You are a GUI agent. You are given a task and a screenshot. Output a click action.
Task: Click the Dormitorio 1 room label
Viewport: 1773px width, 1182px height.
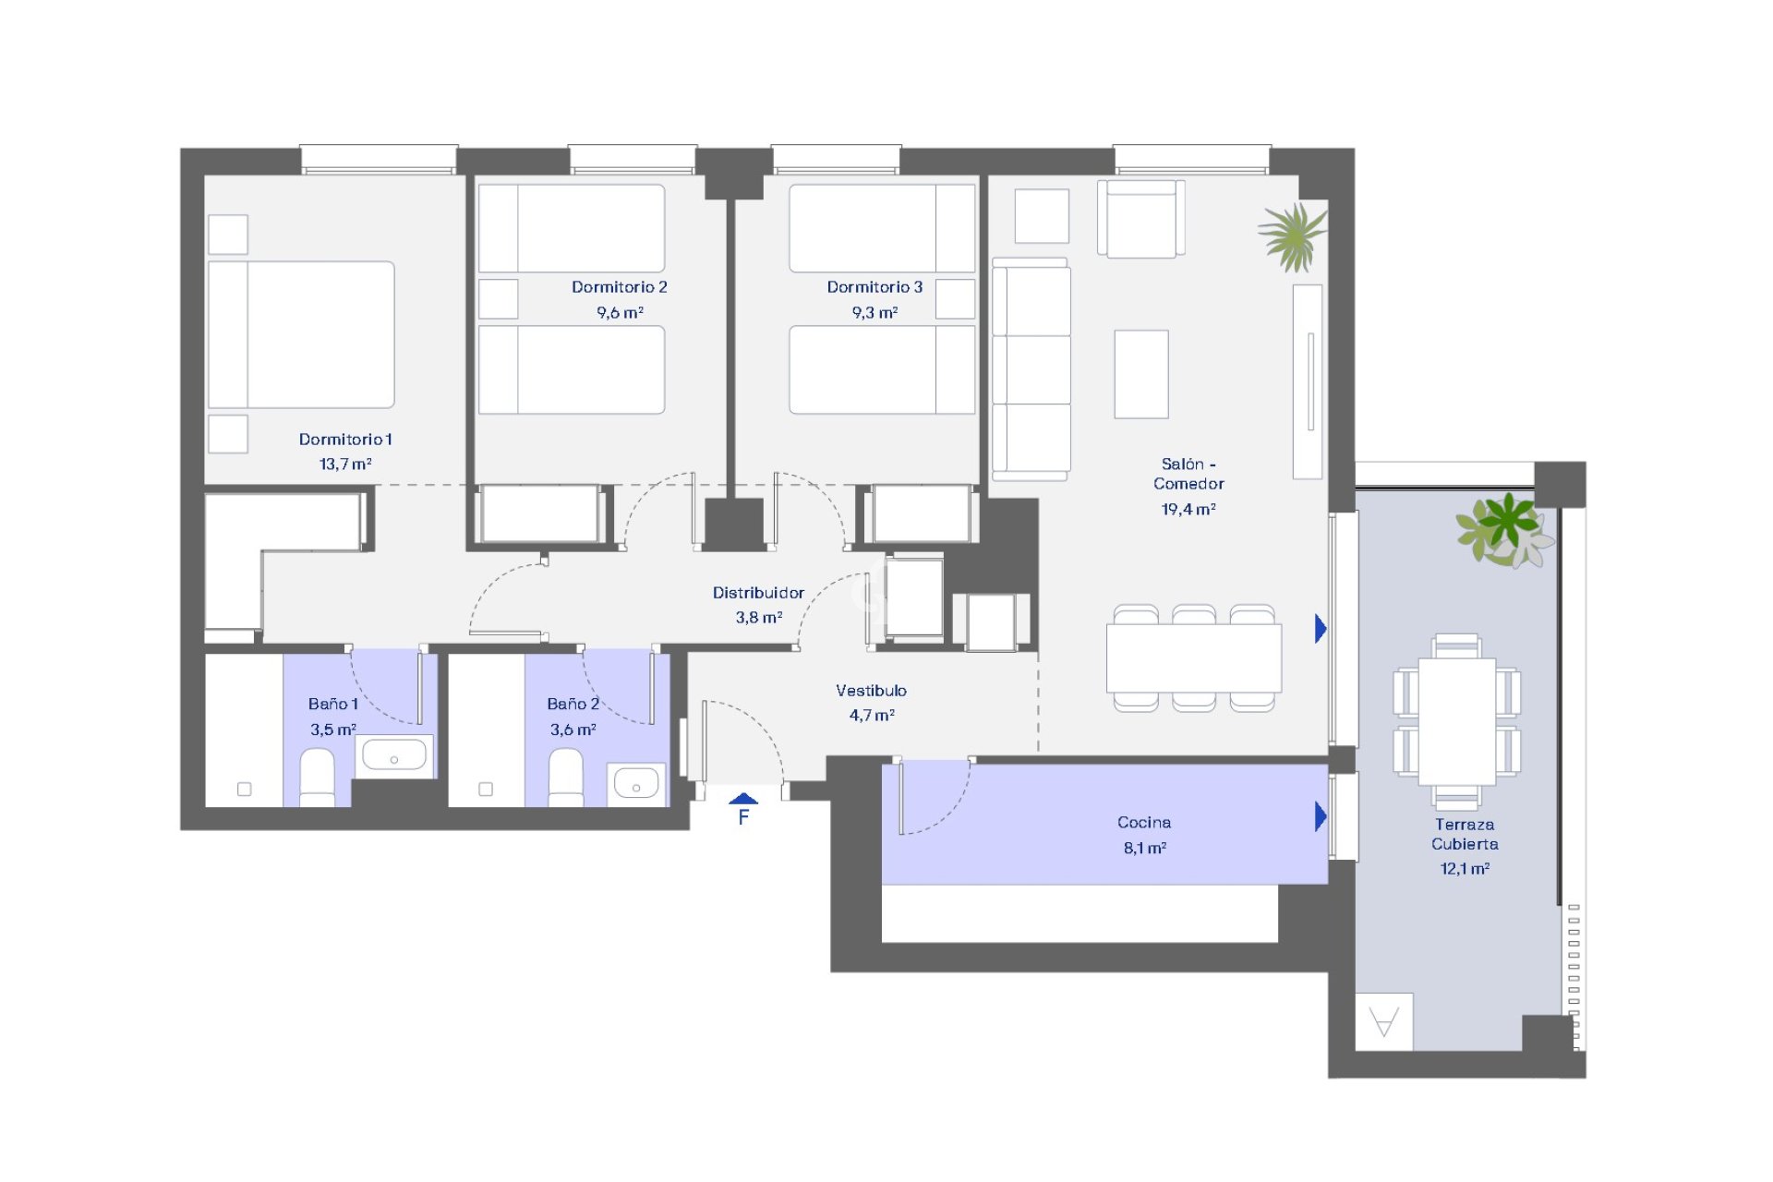(x=345, y=440)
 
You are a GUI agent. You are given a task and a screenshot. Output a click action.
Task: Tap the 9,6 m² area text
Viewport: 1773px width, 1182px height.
(x=620, y=313)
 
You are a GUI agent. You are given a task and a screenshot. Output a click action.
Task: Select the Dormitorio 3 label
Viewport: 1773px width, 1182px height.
(x=874, y=287)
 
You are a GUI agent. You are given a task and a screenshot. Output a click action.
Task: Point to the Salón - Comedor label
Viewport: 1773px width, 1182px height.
(x=1188, y=474)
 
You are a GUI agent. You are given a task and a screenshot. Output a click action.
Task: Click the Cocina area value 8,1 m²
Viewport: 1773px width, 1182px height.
(x=1144, y=848)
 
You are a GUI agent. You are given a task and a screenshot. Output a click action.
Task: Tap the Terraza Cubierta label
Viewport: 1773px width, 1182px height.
(x=1465, y=834)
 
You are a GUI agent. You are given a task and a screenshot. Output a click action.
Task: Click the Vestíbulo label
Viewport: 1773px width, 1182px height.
(x=871, y=691)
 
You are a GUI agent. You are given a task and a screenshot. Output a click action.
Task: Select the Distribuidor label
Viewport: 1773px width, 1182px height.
(x=758, y=593)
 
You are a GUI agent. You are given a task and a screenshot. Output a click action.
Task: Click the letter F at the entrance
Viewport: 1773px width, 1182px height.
(x=743, y=817)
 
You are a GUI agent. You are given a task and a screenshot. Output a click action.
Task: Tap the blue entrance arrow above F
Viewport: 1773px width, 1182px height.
(x=743, y=799)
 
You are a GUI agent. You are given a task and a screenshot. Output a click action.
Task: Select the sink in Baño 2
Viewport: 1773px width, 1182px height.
(x=636, y=783)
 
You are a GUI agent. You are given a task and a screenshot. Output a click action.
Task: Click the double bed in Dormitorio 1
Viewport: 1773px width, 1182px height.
(x=301, y=334)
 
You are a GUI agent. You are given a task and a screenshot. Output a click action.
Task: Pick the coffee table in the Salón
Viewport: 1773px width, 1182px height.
(x=1141, y=374)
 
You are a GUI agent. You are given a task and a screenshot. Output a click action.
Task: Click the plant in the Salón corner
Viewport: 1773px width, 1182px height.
(x=1293, y=236)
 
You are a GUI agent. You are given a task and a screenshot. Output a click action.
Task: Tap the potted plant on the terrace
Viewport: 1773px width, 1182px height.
(x=1505, y=530)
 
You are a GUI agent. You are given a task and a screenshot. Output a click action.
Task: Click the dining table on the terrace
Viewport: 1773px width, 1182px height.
(x=1456, y=721)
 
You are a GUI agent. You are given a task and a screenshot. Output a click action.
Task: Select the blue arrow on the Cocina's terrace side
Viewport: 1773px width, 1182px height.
(x=1321, y=816)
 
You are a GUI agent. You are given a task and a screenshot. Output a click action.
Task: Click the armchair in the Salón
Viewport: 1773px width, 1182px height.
(x=1141, y=219)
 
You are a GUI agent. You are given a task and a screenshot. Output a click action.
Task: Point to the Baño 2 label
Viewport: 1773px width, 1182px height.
(x=573, y=705)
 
